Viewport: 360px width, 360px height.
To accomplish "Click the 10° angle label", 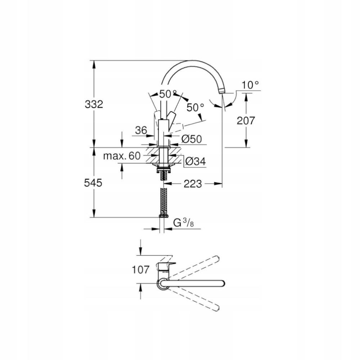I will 250,85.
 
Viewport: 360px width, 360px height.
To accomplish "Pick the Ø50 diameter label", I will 191,139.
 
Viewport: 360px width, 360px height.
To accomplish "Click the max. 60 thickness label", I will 121,156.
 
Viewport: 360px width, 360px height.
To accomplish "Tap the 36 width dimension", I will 141,130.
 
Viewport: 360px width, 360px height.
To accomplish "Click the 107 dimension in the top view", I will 140,269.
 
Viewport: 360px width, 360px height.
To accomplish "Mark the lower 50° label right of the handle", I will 195,107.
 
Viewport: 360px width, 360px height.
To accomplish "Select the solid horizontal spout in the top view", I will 194,284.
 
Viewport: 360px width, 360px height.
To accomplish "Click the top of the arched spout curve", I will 191,62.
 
